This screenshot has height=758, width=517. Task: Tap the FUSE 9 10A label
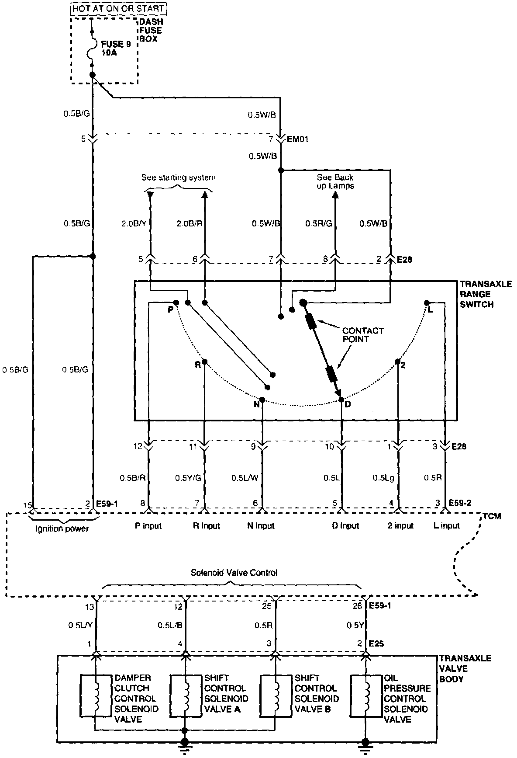[x=116, y=48]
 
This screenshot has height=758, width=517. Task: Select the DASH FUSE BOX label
[x=150, y=30]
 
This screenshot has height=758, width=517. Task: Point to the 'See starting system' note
[x=178, y=177]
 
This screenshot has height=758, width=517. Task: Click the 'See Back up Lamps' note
[x=335, y=181]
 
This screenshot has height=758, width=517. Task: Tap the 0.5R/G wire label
[x=319, y=223]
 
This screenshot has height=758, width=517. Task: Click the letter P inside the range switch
[x=170, y=309]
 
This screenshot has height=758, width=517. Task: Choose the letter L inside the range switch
[x=431, y=309]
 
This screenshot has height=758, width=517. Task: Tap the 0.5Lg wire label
[x=384, y=478]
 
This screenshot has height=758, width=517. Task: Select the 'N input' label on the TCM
[x=261, y=526]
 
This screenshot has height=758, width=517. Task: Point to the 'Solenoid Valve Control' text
[x=234, y=572]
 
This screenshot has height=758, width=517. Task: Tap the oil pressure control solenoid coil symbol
[x=366, y=698]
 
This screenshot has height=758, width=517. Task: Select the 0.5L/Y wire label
[x=80, y=626]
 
